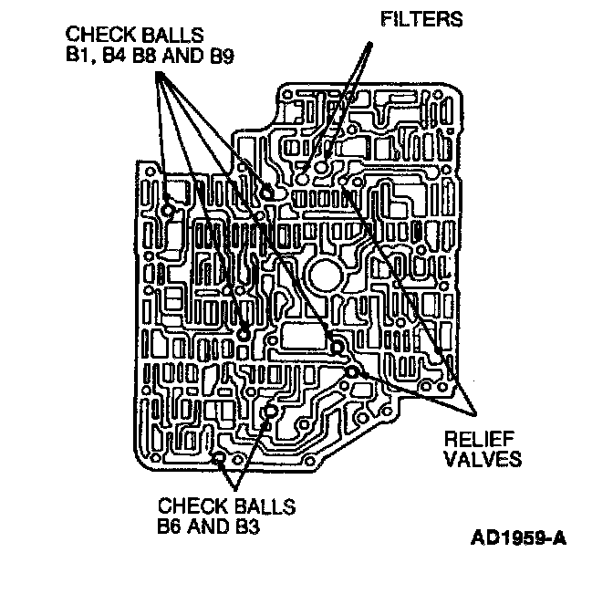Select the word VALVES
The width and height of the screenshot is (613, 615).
pyautogui.click(x=482, y=458)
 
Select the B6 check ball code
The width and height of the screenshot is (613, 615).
pyautogui.click(x=171, y=526)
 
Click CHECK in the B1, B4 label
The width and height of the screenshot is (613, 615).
pyautogui.click(x=95, y=34)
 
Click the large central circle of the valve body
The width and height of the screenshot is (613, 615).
pyautogui.click(x=325, y=275)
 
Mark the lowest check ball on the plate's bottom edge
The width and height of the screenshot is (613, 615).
pyautogui.click(x=218, y=456)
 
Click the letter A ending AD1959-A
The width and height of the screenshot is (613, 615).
pyautogui.click(x=558, y=536)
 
